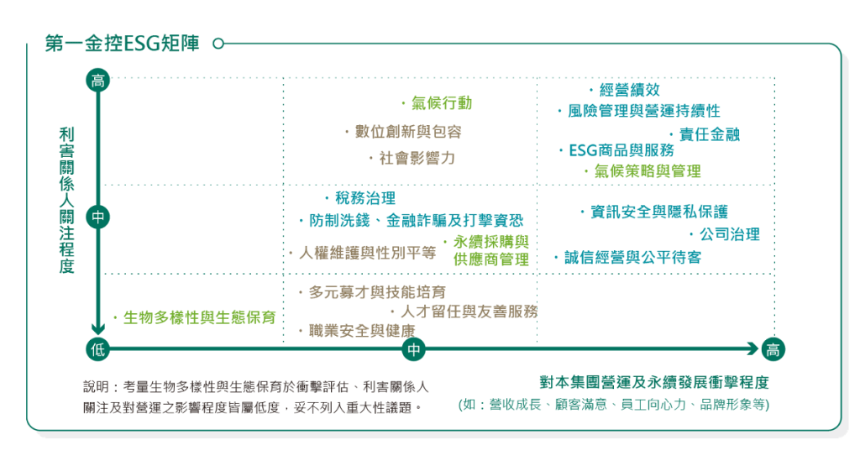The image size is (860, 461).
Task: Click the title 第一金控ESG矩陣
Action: pyautogui.click(x=122, y=44)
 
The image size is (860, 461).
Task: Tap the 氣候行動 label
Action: pyautogui.click(x=441, y=103)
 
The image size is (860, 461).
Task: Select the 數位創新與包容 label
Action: pyautogui.click(x=408, y=132)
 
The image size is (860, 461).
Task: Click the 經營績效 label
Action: pyautogui.click(x=629, y=91)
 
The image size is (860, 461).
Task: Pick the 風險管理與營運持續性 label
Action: pyautogui.click(x=643, y=111)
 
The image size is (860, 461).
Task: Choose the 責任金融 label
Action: pyautogui.click(x=709, y=134)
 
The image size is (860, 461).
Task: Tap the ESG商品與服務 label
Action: pyautogui.click(x=621, y=150)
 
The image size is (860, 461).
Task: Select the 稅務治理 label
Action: pyautogui.click(x=364, y=199)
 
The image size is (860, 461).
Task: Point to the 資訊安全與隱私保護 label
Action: pyautogui.click(x=658, y=212)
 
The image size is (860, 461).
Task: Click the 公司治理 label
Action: pyautogui.click(x=729, y=234)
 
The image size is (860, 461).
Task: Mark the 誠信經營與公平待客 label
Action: pyautogui.click(x=637, y=258)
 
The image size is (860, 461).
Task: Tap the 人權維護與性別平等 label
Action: pyautogui.click(x=367, y=253)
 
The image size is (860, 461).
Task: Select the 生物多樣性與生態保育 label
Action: pyautogui.click(x=199, y=318)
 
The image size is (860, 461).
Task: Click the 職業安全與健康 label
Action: pyautogui.click(x=361, y=331)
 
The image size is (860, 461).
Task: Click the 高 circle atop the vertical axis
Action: pyautogui.click(x=98, y=81)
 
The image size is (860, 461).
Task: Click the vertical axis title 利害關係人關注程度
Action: pyautogui.click(x=67, y=200)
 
